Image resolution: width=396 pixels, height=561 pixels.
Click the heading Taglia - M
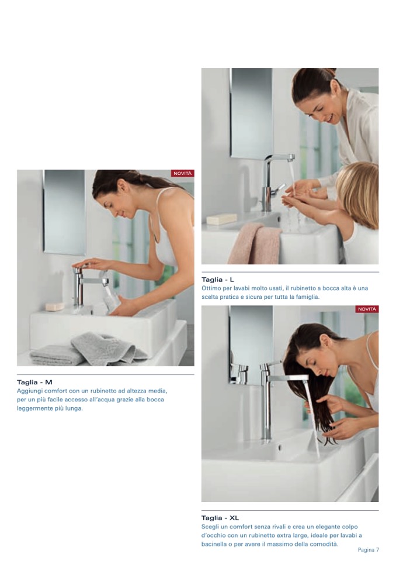click(x=34, y=382)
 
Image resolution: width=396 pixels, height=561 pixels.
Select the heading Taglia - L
click(x=217, y=280)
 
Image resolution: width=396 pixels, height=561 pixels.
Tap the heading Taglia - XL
click(x=220, y=518)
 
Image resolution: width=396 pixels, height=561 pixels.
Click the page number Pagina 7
click(x=368, y=550)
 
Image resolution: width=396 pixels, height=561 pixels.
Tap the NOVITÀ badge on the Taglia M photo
click(x=183, y=174)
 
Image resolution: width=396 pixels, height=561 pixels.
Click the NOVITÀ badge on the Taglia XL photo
click(x=367, y=309)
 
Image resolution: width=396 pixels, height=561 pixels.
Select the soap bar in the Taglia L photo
click(x=221, y=219)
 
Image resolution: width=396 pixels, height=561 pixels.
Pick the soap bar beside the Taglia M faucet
click(x=55, y=307)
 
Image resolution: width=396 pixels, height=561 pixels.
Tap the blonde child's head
click(x=357, y=193)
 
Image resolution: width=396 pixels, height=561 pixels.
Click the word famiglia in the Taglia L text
click(x=307, y=297)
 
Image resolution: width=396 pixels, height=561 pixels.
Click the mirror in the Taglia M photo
click(x=65, y=212)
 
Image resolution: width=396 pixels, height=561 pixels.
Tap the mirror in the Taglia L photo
click(x=251, y=113)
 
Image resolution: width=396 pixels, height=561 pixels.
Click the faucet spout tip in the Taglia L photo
click(x=291, y=158)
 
